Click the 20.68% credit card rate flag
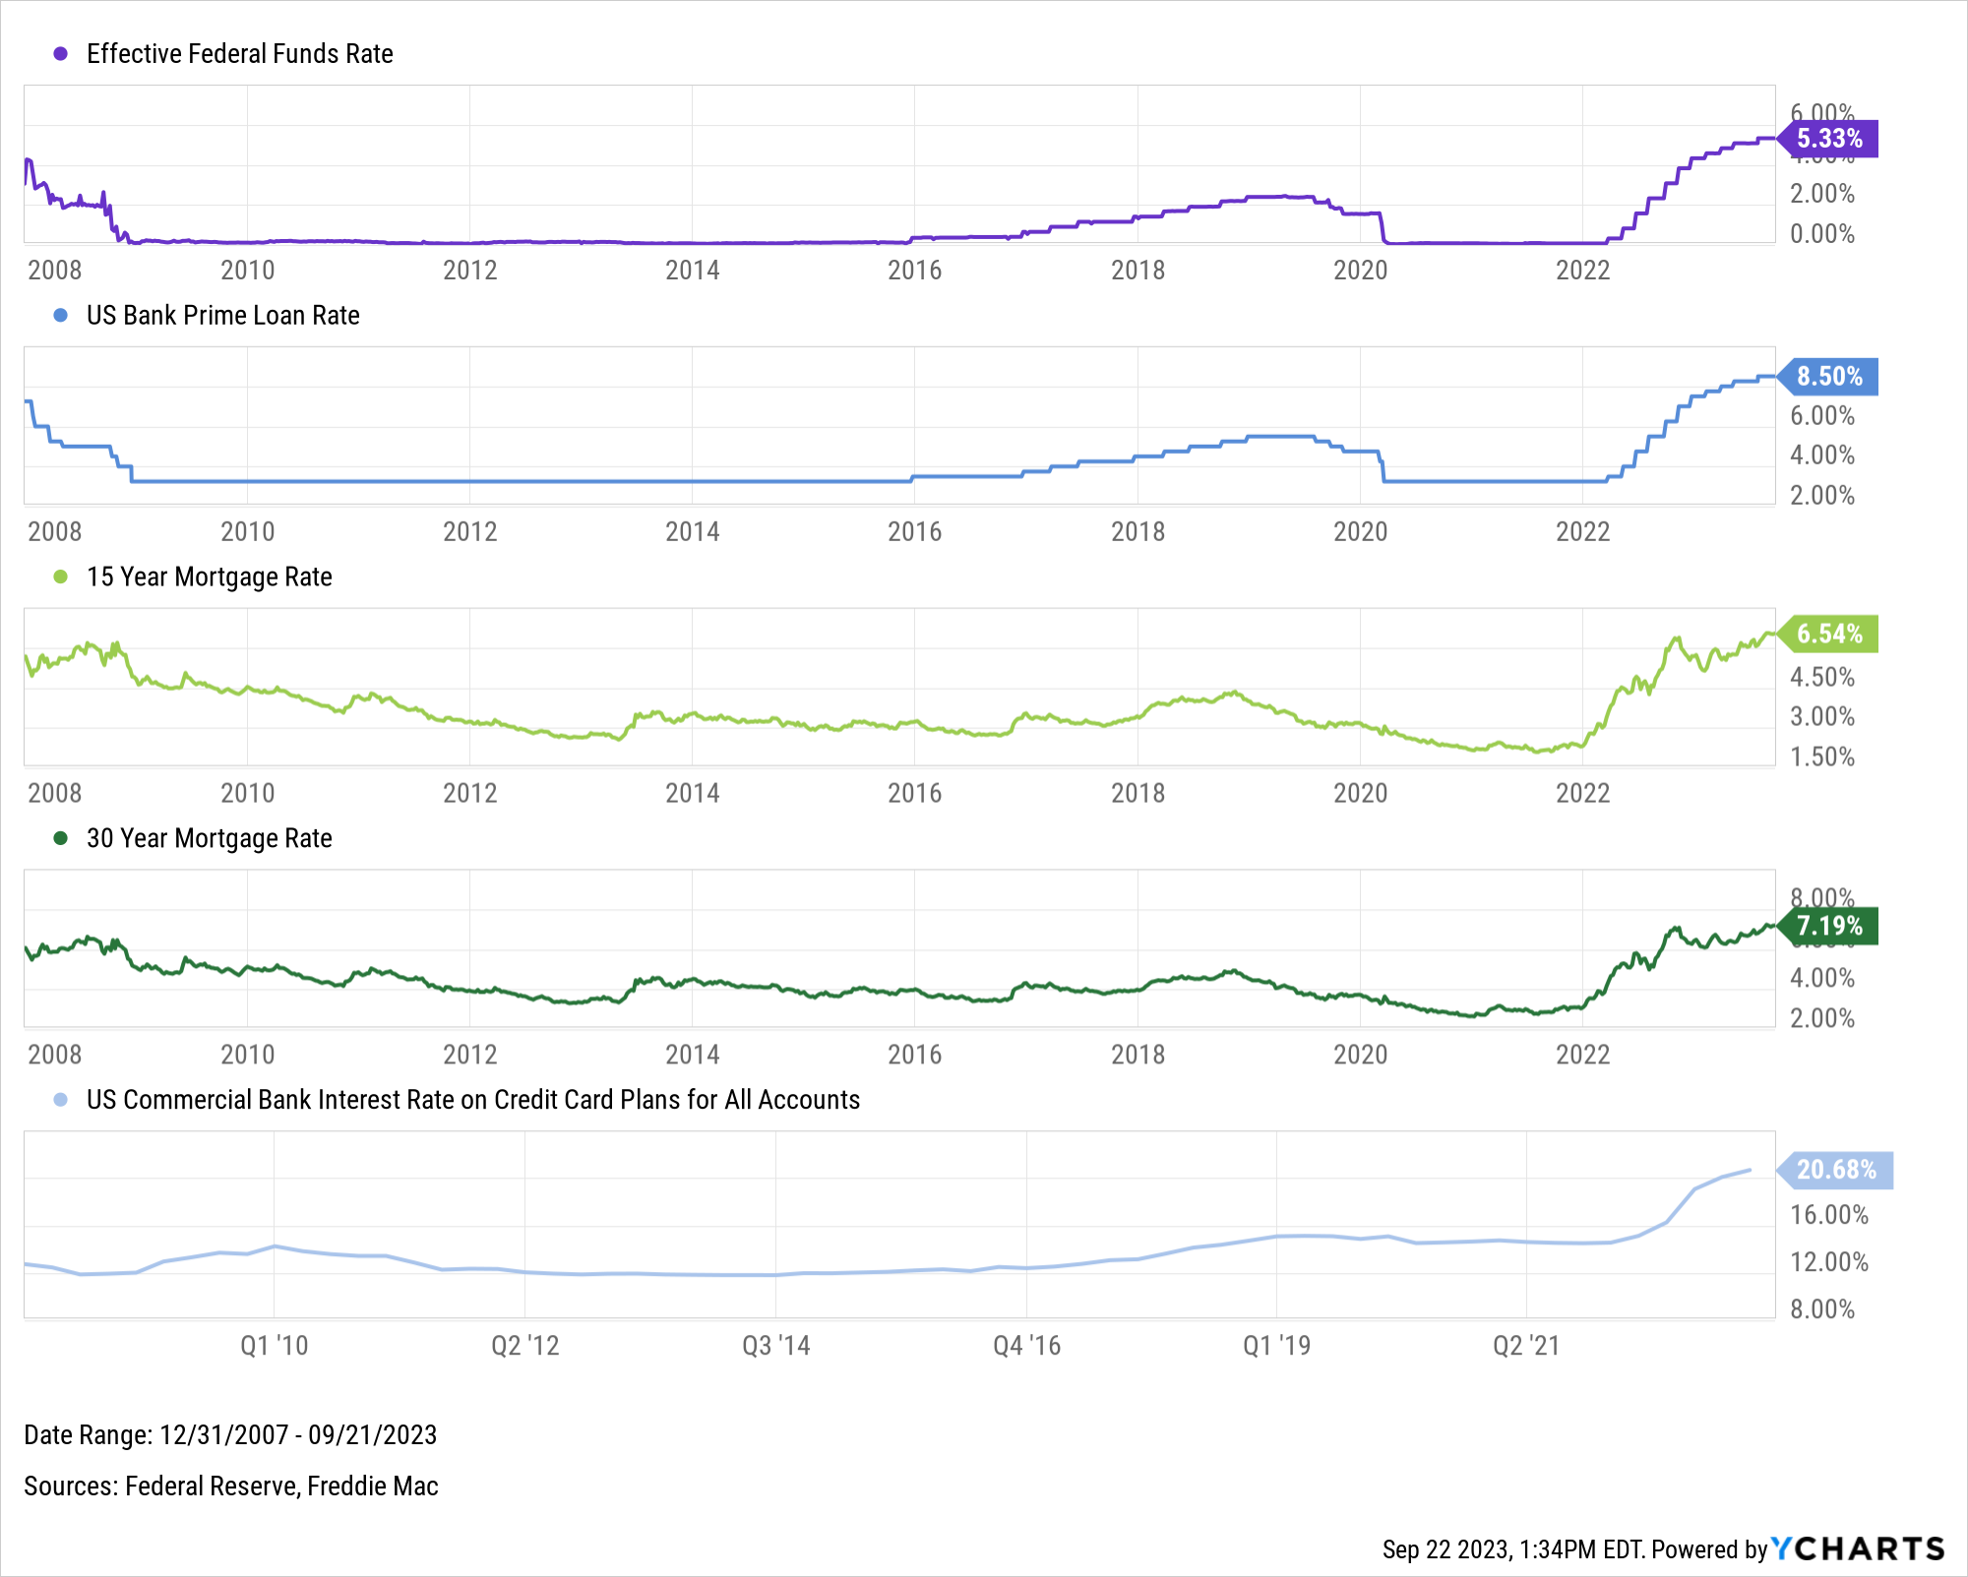point(1835,1170)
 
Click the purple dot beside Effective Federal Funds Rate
point(61,54)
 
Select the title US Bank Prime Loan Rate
point(222,316)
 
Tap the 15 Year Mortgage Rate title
point(209,577)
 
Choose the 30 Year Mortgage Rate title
point(209,839)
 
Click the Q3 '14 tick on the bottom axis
point(775,1346)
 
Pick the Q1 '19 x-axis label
point(1276,1346)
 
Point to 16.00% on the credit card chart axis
point(1828,1215)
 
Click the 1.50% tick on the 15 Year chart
point(1821,758)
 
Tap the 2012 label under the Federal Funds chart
point(469,271)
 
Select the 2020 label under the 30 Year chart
point(1360,1056)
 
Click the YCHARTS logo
point(1858,1549)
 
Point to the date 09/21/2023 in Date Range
point(372,1435)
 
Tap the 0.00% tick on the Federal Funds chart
point(1821,234)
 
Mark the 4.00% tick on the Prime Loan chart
point(1821,455)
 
